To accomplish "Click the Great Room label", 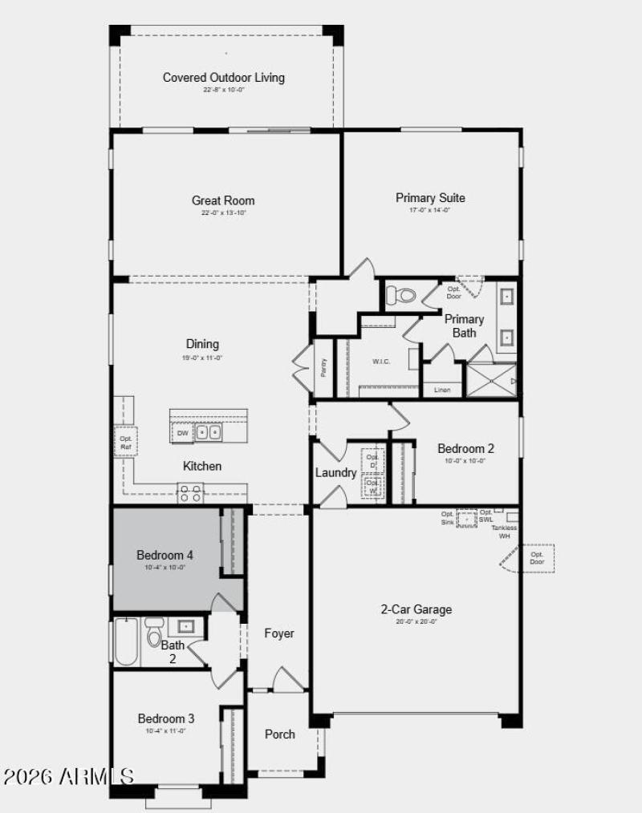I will pos(223,200).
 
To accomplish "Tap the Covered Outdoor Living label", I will pos(224,78).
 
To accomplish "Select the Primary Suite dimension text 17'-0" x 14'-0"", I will pos(430,210).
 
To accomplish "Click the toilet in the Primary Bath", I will pos(406,296).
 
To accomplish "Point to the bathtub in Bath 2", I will pos(127,641).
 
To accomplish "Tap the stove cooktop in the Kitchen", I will pos(190,492).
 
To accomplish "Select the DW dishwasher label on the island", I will pos(182,433).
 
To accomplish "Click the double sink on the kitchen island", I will pos(209,433).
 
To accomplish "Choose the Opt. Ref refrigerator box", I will pos(126,442).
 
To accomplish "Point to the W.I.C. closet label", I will pos(381,362).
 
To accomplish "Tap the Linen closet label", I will pos(442,390).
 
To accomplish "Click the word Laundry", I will pos(335,473).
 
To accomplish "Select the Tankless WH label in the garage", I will pos(505,532).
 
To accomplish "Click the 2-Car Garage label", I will pos(416,609).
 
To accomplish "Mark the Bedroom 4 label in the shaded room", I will pos(165,555).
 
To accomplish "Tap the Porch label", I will pos(280,734).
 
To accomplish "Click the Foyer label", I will pos(279,633).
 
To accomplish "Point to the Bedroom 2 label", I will pos(465,449).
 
